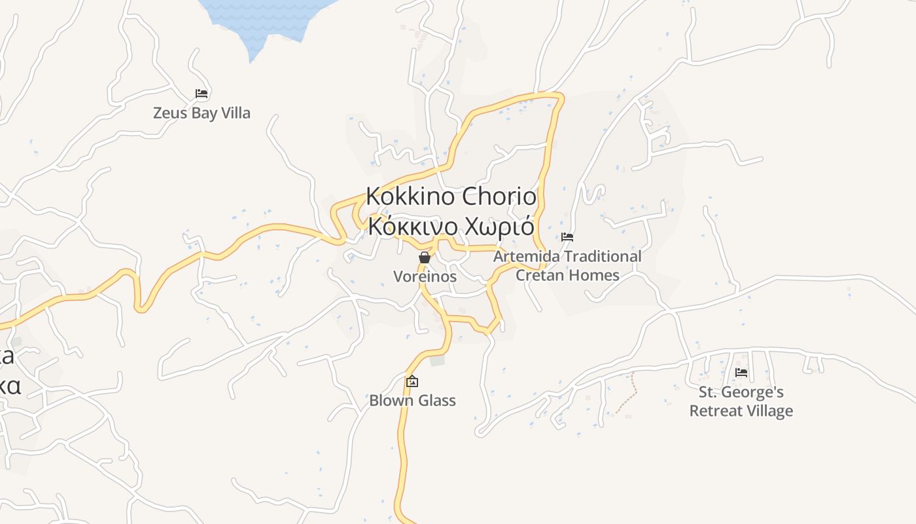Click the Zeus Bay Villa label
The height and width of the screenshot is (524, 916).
(202, 113)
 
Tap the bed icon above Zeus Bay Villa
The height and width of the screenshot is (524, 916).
(202, 94)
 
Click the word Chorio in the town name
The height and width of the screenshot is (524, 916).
(500, 196)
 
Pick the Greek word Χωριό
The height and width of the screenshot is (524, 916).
(500, 227)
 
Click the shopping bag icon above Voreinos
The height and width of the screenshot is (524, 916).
(425, 257)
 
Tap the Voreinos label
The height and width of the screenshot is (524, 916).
(425, 276)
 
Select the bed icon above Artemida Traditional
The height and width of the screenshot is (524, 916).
(567, 237)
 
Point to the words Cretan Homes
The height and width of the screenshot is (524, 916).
(567, 275)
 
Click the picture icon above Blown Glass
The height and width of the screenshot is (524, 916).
(412, 381)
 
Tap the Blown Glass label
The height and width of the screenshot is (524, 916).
(412, 400)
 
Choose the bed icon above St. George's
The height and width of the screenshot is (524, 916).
(741, 373)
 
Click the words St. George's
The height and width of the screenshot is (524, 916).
(741, 392)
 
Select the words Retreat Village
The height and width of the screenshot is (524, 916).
(741, 411)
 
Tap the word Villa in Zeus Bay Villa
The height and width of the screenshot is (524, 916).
(236, 113)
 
